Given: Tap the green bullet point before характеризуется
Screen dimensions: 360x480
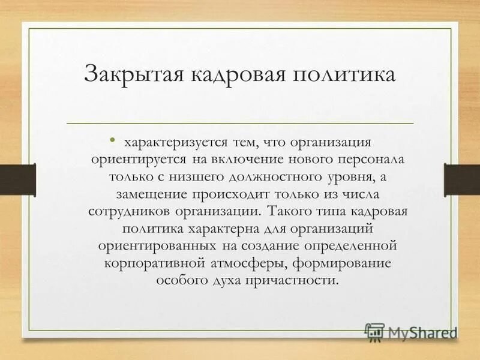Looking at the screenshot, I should (x=113, y=142).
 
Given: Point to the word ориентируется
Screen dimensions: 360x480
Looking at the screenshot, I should (x=139, y=160).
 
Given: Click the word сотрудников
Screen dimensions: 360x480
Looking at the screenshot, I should (x=129, y=212).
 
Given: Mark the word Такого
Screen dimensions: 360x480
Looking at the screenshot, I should (x=291, y=212).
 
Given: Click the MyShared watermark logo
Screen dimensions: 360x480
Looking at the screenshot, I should (x=411, y=332).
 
